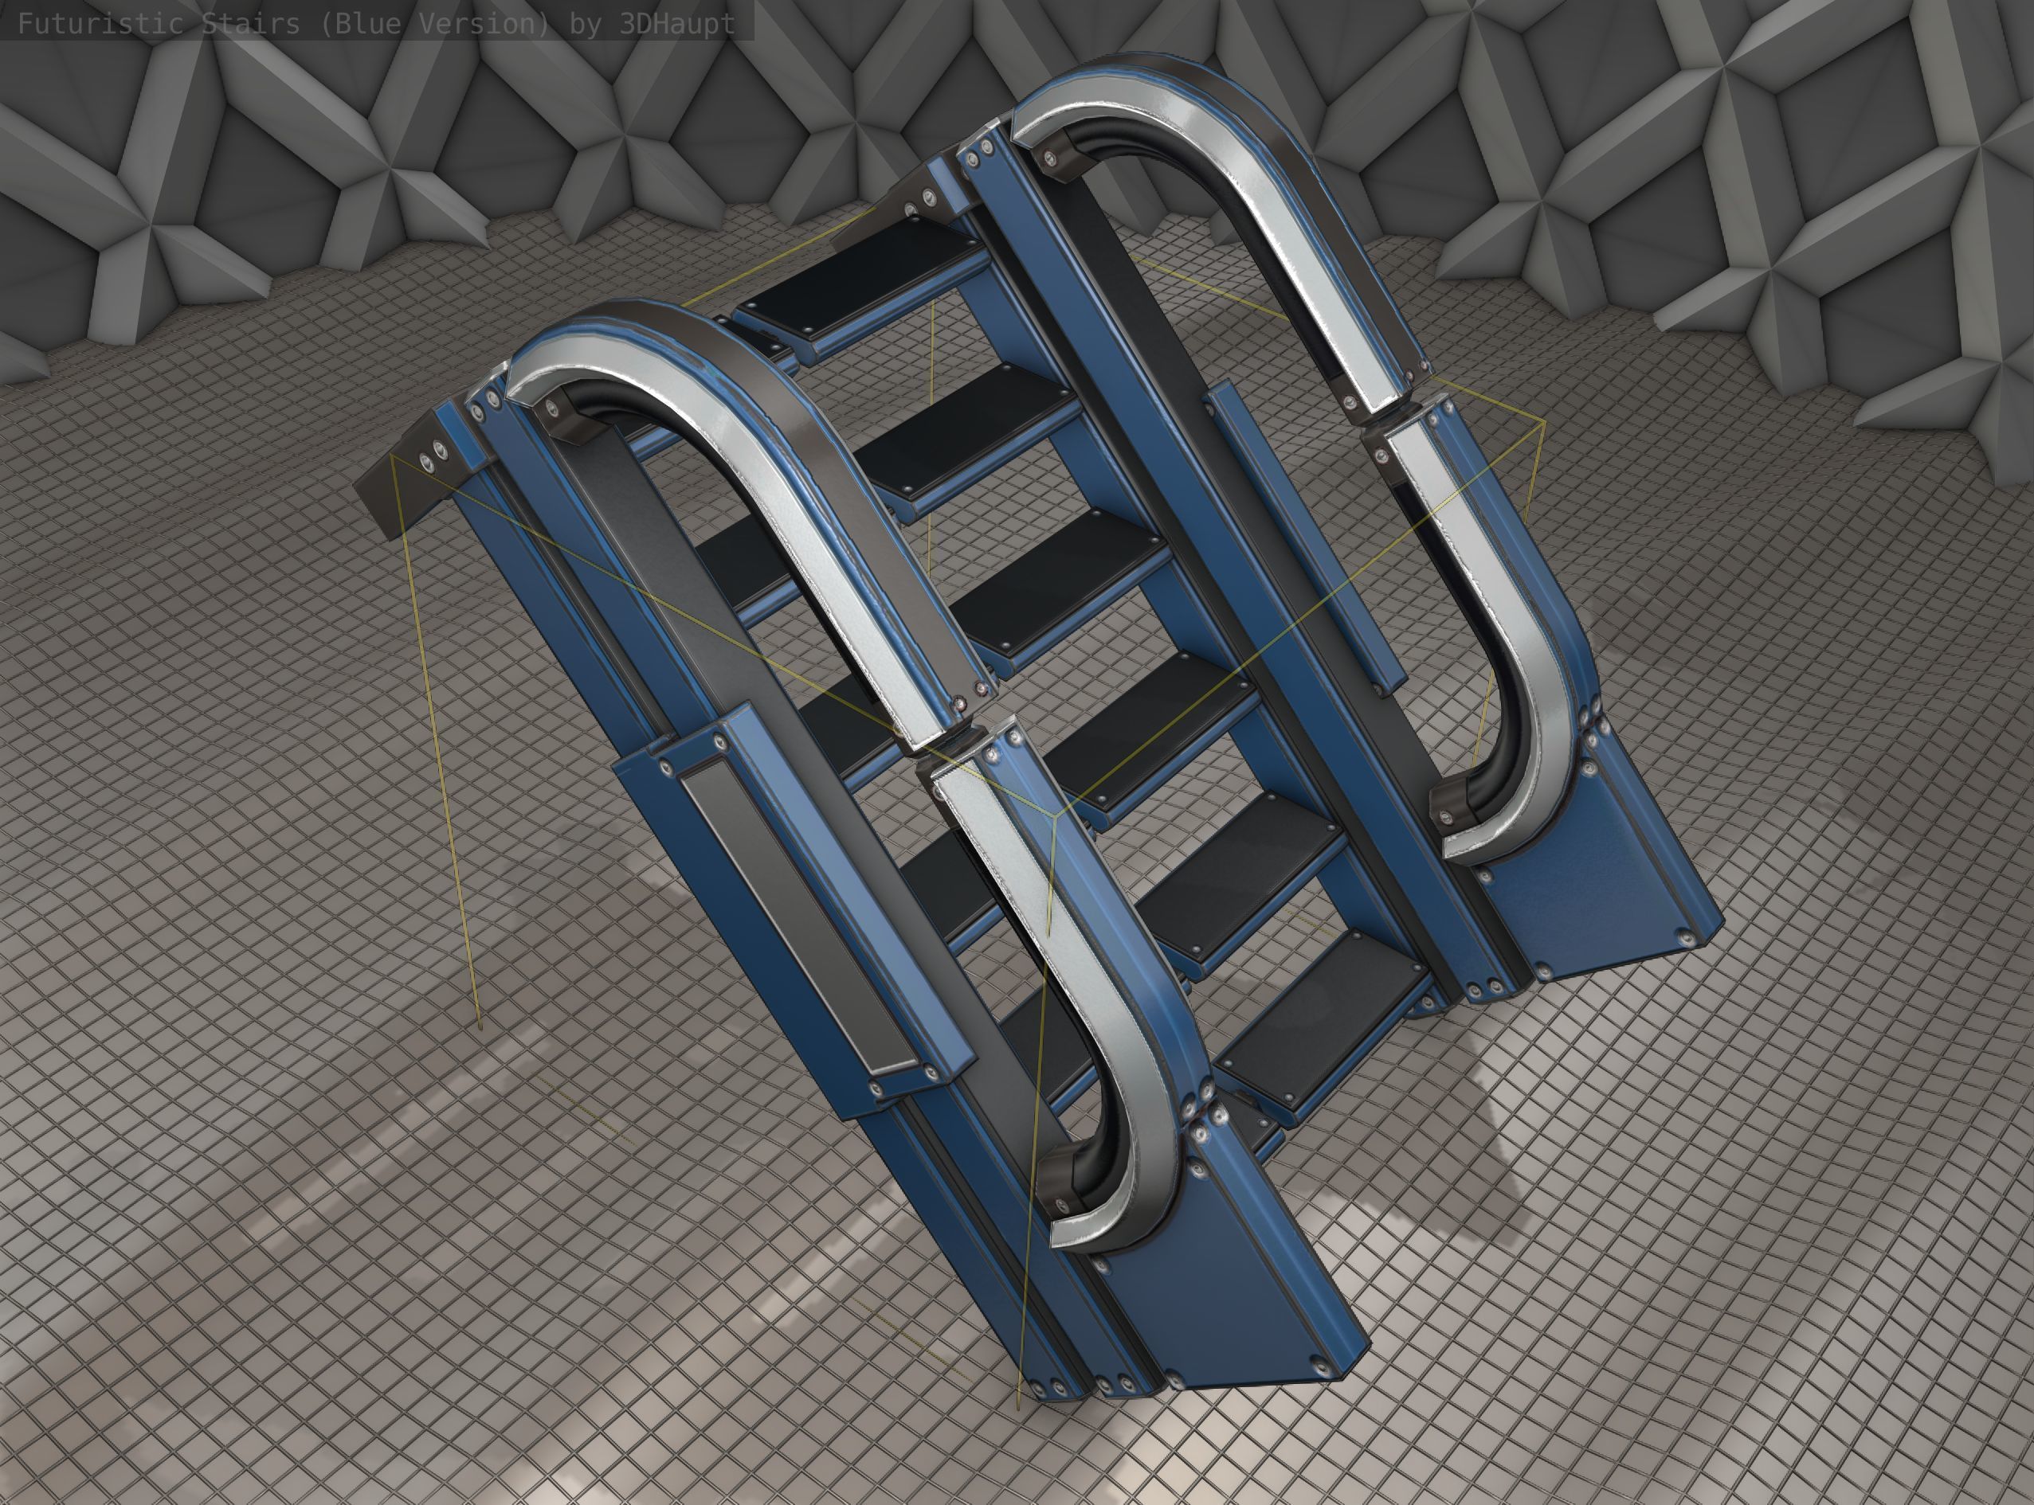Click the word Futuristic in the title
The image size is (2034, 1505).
(x=100, y=23)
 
